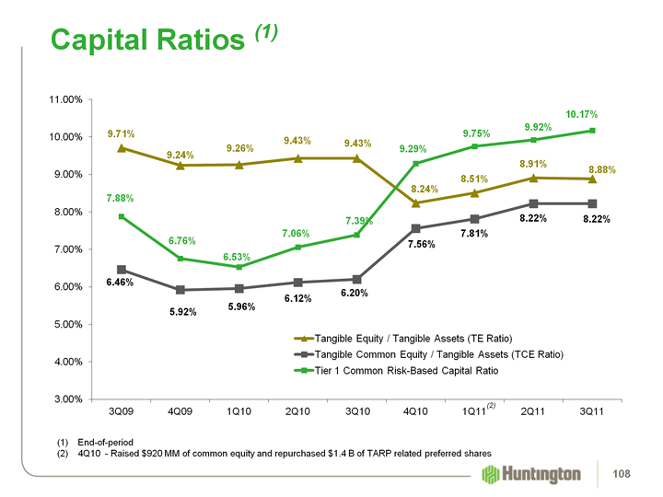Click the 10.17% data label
583,114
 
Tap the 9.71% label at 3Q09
122,133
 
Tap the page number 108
632,474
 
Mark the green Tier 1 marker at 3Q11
592,131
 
